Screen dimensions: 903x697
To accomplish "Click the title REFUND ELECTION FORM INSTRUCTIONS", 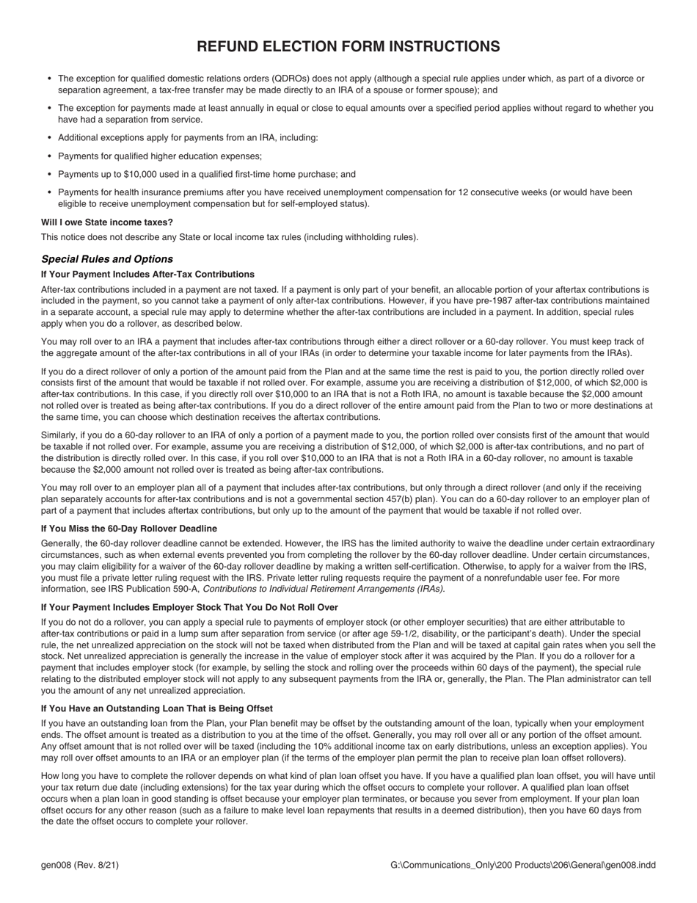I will pos(348,47).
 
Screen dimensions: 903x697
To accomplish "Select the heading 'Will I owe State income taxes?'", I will pos(107,222).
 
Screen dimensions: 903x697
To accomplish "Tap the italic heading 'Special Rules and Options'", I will pos(107,259).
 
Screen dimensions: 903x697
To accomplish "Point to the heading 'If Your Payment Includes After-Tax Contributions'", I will pos(147,274).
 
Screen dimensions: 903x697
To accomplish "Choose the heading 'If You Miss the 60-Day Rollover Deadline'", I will pos(129,529).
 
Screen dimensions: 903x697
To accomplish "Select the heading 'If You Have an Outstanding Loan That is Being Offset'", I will pos(157,708).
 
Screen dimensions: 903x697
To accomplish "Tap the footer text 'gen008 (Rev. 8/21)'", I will pos(80,865).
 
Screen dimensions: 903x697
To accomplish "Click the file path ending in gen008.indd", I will pos(523,865).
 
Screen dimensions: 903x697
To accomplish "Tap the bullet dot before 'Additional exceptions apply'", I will pos(49,138).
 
